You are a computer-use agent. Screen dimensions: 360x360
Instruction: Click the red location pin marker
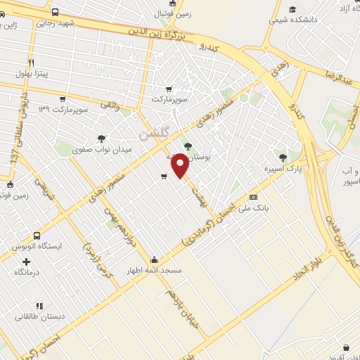(x=181, y=165)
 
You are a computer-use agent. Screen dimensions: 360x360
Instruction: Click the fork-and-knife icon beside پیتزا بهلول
(x=7, y=72)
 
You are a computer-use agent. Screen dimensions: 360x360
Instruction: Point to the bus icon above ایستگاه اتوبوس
(x=37, y=236)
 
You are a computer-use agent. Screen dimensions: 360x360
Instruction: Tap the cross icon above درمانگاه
(x=26, y=262)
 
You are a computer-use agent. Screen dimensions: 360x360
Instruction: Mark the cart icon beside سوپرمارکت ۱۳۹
(x=63, y=98)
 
